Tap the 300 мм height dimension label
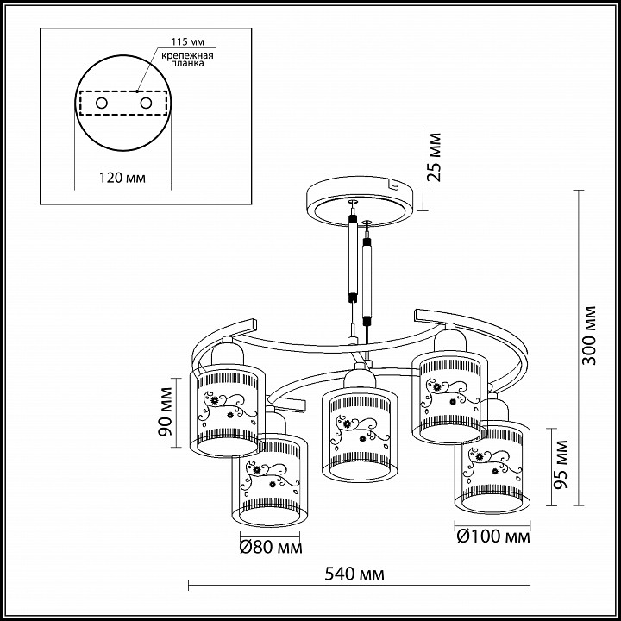(x=589, y=335)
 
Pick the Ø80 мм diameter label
(x=270, y=547)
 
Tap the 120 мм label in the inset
(x=121, y=178)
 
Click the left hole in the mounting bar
(x=102, y=103)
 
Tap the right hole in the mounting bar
(x=145, y=103)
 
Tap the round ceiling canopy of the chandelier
(x=359, y=198)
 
